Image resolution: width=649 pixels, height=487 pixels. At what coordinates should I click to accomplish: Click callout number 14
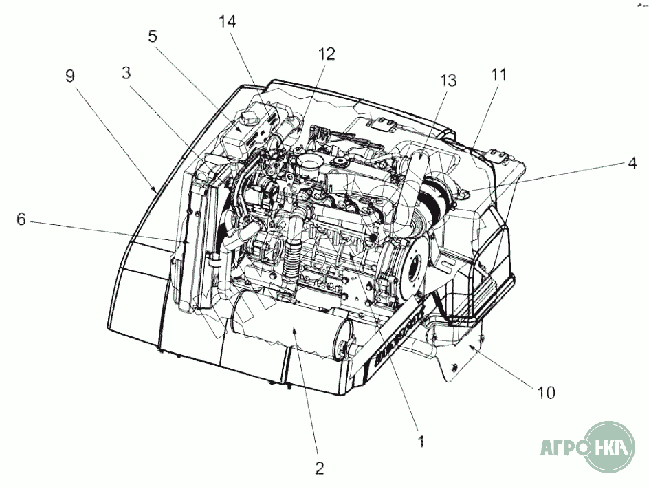tap(228, 21)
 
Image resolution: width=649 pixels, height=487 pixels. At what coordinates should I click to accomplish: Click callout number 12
tap(327, 54)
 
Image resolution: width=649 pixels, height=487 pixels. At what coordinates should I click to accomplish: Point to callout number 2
tap(319, 468)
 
